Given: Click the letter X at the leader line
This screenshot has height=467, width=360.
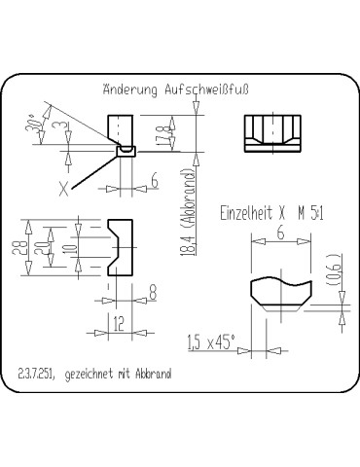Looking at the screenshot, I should point(64,189).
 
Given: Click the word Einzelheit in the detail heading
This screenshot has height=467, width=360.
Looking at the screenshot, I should point(249,211).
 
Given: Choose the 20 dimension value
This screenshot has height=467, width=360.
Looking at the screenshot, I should point(39,249).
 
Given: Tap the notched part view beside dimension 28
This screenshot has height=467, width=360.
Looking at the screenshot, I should point(121,248).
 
